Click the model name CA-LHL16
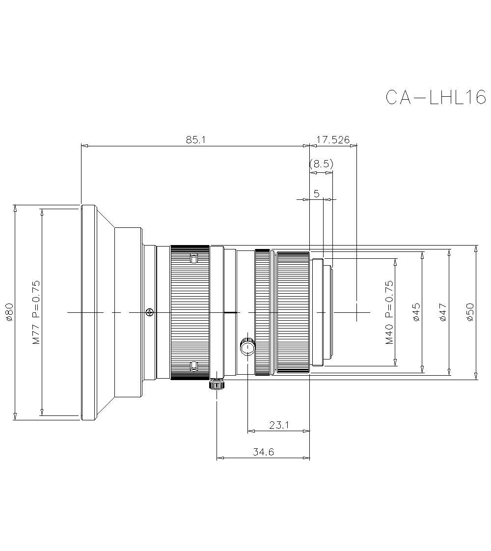[435, 97]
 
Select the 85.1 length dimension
[195, 140]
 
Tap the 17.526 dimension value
[333, 140]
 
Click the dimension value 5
[317, 193]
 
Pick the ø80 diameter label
[9, 312]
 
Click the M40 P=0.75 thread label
[389, 312]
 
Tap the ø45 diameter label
[416, 312]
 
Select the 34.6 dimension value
[263, 452]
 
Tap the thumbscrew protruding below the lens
[217, 384]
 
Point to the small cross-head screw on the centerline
[150, 312]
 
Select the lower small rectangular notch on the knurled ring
[193, 365]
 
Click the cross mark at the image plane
[356, 312]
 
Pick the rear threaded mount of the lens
[322, 312]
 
